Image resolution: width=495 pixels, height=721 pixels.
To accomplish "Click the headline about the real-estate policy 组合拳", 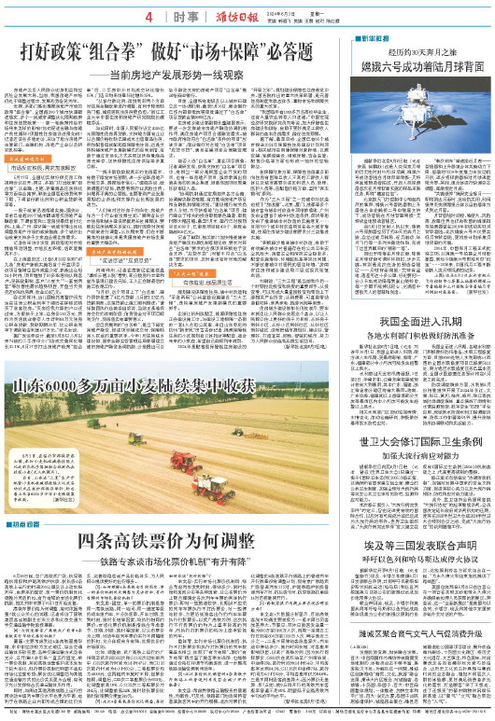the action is (x=155, y=49).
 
